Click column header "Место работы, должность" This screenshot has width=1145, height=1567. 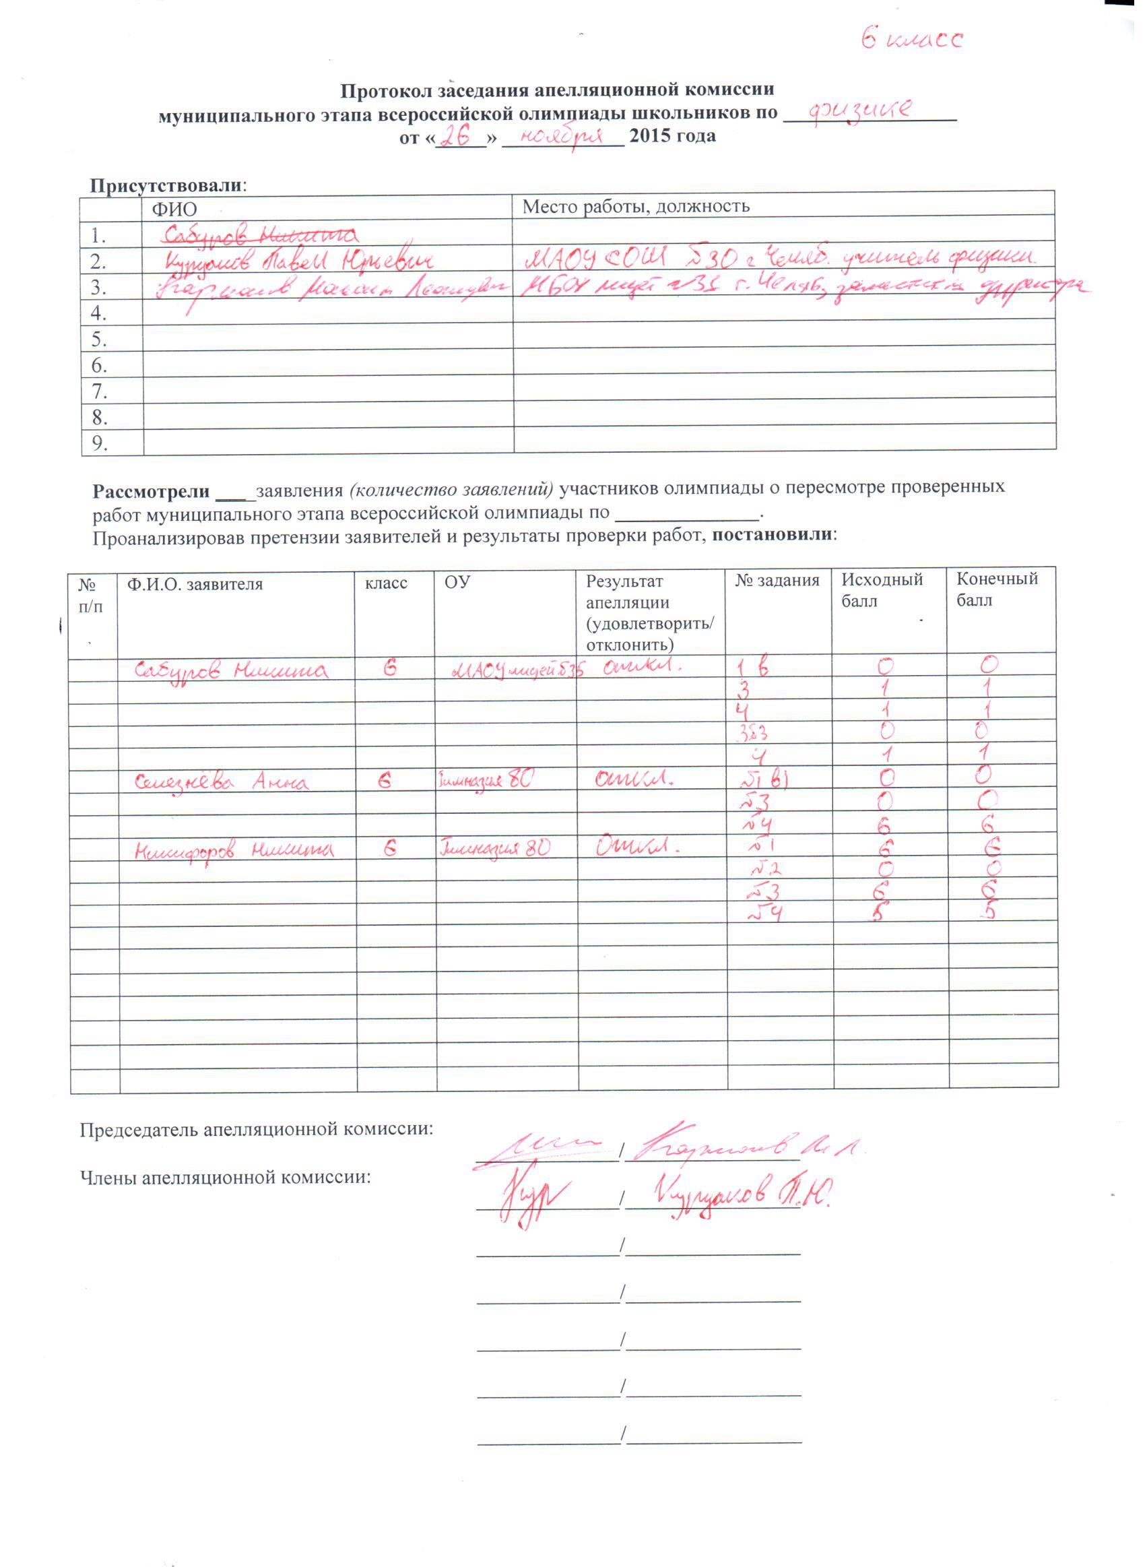click(636, 206)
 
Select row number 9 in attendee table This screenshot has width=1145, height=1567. click(100, 443)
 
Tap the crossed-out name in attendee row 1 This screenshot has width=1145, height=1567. click(257, 234)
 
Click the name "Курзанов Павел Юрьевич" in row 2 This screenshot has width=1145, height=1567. click(300, 261)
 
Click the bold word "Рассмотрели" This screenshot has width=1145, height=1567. click(151, 490)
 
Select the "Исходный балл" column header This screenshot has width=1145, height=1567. click(882, 589)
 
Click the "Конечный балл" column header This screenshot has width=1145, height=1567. click(997, 589)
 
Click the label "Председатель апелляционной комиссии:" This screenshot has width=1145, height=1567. click(257, 1129)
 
